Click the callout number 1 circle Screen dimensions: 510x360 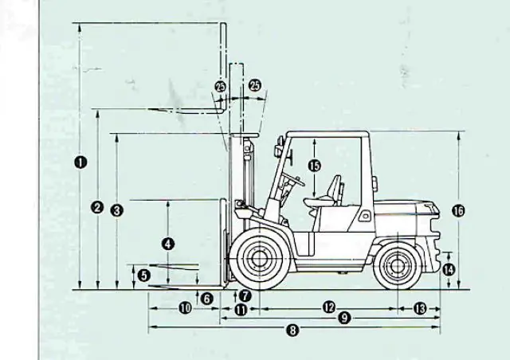80,162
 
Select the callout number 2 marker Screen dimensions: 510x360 97,208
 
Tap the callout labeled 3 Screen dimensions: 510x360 117,210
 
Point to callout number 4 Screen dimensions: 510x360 168,244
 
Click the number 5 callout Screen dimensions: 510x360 143,276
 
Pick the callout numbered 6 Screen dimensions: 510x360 207,299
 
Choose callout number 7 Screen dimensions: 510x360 245,295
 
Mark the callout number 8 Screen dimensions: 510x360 292,331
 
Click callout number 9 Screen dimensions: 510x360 344,318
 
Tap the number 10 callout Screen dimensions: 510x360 185,308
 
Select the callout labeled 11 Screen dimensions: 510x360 241,310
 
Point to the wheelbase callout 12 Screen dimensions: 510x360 329,307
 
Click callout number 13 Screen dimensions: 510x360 420,308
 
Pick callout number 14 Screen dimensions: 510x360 449,269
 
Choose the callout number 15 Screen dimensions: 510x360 314,166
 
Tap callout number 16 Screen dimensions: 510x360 458,211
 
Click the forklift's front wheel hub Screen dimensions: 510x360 259,259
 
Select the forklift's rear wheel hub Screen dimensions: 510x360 398,266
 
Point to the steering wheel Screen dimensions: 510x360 293,178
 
